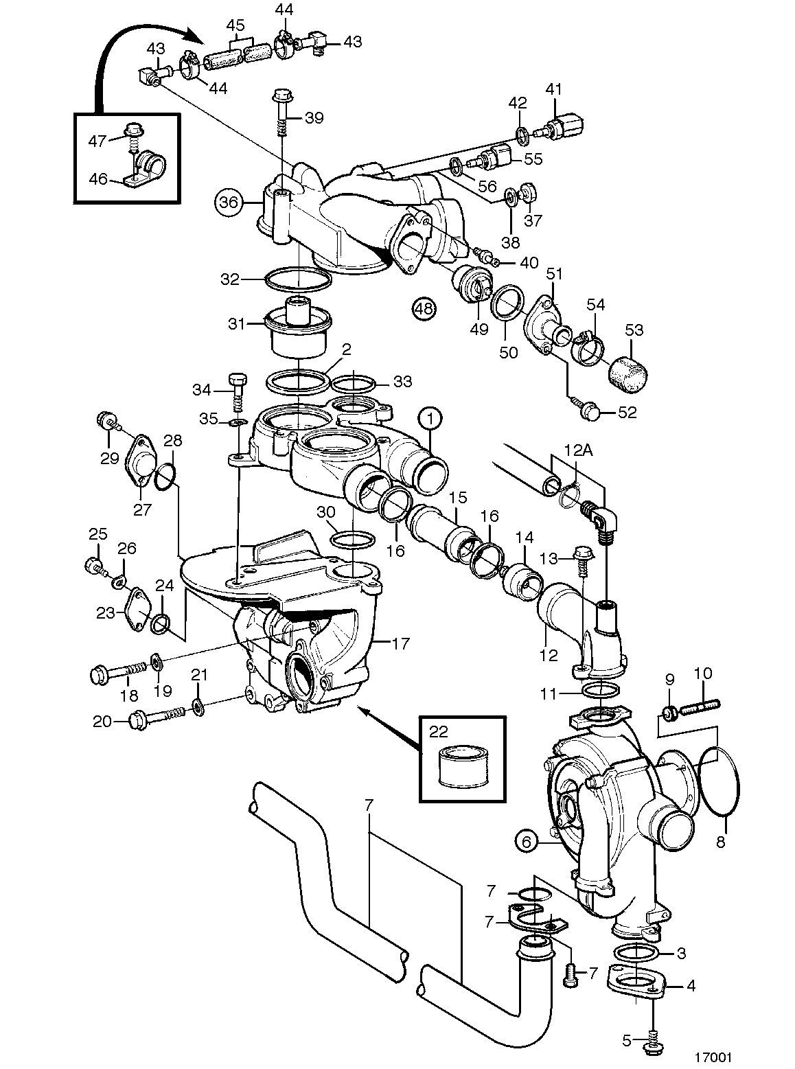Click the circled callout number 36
click(229, 202)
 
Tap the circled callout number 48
click(425, 308)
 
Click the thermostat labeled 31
click(299, 327)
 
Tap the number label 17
click(401, 643)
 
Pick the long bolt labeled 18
click(118, 672)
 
